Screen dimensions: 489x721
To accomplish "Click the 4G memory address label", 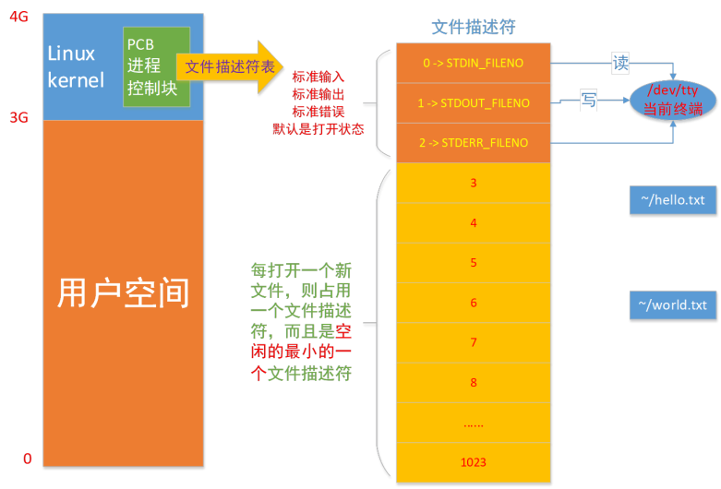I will coord(18,15).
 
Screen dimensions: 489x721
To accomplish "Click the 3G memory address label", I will coord(18,118).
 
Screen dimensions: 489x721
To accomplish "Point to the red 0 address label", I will coord(27,459).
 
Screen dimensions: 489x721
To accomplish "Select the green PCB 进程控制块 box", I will coord(156,66).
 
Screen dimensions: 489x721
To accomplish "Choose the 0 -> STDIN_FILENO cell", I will coord(473,64).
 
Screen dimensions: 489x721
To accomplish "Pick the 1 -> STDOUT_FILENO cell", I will coord(473,103).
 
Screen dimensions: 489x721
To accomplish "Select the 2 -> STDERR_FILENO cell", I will coord(473,143).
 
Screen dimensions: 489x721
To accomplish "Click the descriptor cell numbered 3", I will coord(473,184).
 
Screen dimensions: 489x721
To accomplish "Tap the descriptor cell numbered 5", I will coord(473,263).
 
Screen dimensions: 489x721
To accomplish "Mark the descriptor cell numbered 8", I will coord(473,382).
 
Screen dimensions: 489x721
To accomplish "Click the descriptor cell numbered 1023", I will coord(473,461).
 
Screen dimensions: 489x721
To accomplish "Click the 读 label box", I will coord(620,65).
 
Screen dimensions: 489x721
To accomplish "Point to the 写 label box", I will coord(589,101).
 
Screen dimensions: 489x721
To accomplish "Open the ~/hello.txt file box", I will coord(672,199).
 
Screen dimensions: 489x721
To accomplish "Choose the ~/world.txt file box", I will coord(672,304).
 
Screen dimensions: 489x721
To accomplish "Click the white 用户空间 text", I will coord(123,292).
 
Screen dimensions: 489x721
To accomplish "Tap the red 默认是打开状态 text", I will coord(318,129).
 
